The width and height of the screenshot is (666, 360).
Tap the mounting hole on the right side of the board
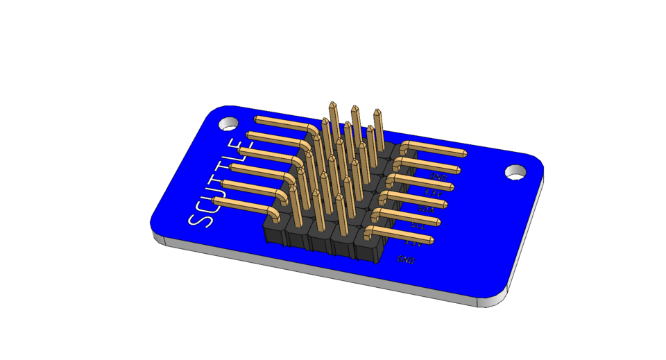[515, 171]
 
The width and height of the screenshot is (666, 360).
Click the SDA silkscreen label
[425, 208]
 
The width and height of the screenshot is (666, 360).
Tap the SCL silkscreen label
[418, 225]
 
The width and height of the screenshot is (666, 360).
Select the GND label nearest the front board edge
[406, 259]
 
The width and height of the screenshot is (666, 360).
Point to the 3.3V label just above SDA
[432, 192]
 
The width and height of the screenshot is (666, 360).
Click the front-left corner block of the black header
[275, 229]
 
